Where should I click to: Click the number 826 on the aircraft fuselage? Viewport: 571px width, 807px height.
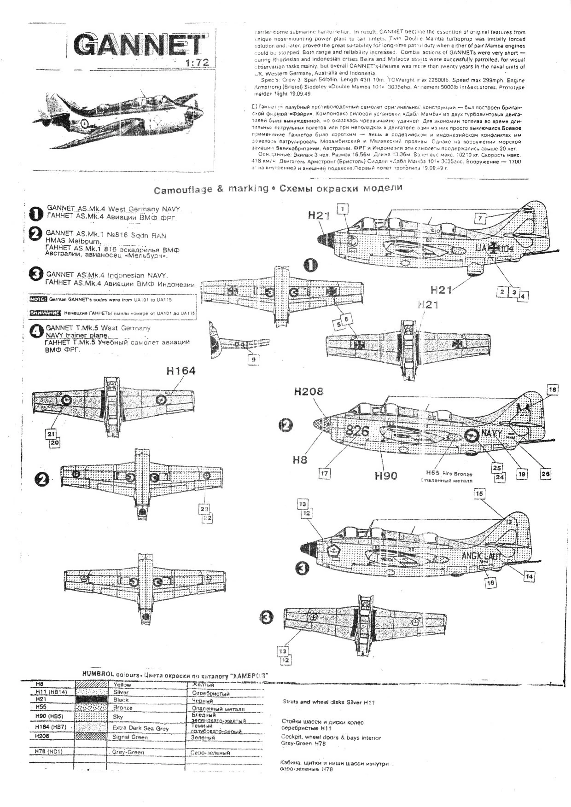click(x=357, y=431)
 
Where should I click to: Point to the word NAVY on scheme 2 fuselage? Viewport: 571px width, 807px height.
click(x=492, y=433)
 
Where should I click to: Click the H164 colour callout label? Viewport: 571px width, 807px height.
click(x=181, y=371)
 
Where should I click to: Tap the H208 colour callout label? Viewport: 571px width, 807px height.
click(x=309, y=391)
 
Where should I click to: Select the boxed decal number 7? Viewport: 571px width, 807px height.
click(x=480, y=217)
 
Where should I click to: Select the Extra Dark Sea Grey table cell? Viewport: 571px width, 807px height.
click(x=140, y=728)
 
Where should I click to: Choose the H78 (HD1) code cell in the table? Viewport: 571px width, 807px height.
click(x=48, y=752)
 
